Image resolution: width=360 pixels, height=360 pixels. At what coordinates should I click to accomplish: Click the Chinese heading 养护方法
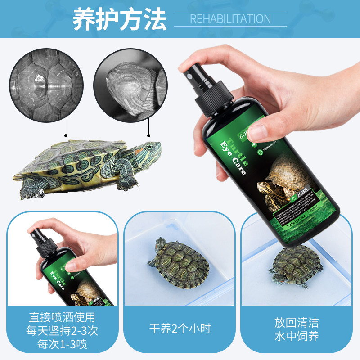coord(119,18)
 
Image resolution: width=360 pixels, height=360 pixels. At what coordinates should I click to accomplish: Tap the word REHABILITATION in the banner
coord(230,19)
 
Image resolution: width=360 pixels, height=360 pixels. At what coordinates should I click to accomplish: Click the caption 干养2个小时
coord(180,328)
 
